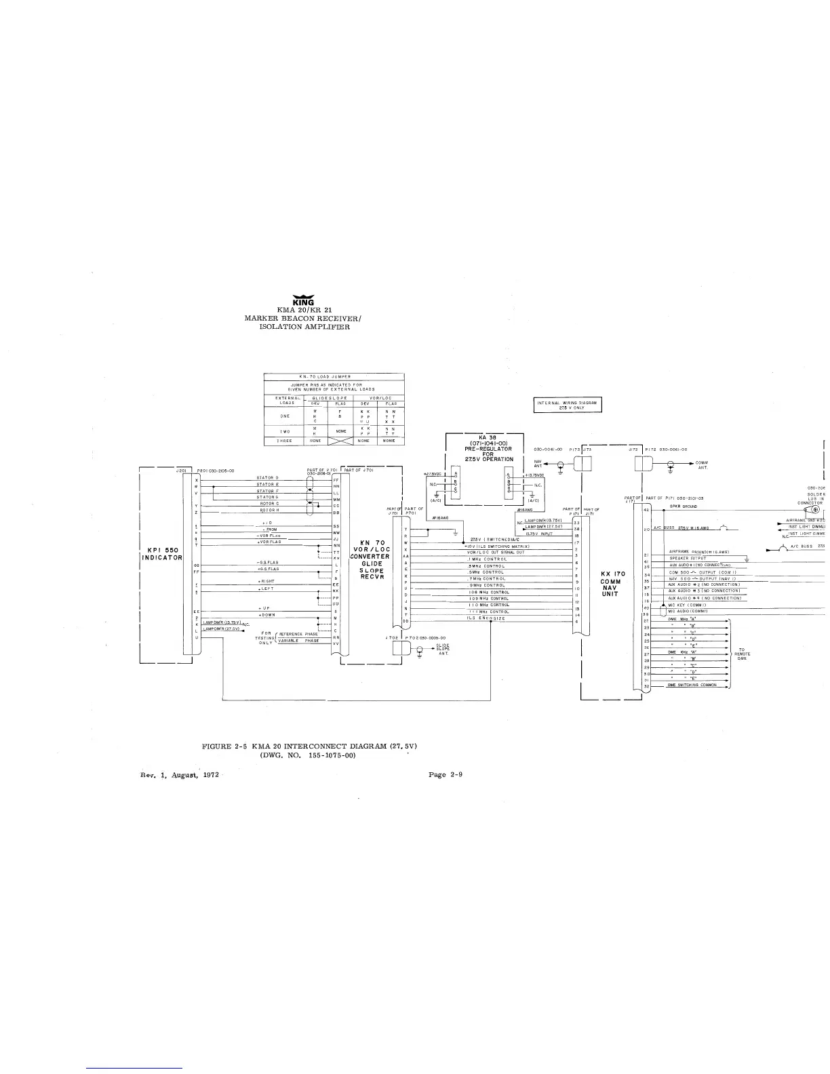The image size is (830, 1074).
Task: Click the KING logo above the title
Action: tap(298, 301)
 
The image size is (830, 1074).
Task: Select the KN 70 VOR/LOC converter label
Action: tap(372, 561)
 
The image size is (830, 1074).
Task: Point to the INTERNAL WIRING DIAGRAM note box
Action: tap(568, 405)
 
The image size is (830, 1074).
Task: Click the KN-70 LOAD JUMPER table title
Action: tap(334, 376)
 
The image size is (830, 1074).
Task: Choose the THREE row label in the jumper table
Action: tap(285, 441)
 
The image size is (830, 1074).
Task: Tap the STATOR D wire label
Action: tap(268, 478)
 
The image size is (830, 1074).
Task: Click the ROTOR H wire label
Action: tap(269, 510)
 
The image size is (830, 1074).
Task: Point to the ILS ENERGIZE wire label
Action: tap(485, 618)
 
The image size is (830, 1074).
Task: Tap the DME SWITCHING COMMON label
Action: tap(692, 685)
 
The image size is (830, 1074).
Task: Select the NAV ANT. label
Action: tap(538, 463)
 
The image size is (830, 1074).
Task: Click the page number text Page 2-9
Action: tap(446, 774)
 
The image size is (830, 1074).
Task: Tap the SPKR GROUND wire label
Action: tap(684, 506)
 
